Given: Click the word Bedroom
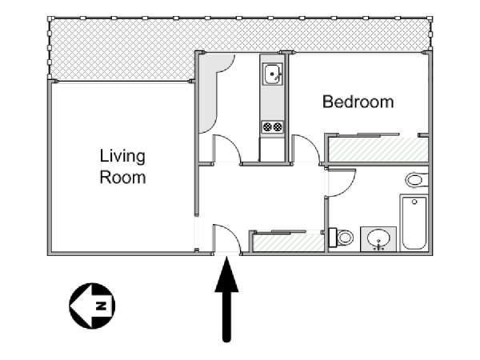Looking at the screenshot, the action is tap(358, 102).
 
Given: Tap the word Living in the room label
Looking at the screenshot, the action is tap(122, 157).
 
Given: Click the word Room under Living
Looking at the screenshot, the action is tap(122, 178).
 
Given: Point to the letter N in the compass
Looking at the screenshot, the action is tap(101, 306).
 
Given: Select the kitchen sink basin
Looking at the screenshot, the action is tap(271, 74).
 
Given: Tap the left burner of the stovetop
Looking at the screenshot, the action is tap(267, 126).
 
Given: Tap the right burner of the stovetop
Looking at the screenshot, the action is tap(278, 126).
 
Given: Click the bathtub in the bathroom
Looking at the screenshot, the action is tap(414, 223).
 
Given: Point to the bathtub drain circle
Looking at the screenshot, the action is tap(414, 202).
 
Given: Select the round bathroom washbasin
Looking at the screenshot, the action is tap(378, 238).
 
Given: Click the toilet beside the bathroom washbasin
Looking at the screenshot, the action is tap(341, 238).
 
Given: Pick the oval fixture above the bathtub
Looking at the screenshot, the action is tap(416, 180).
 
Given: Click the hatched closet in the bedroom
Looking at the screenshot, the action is tap(378, 150).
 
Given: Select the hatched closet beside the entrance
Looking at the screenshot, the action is tap(288, 242).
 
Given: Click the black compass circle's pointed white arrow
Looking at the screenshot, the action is tap(81, 306).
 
